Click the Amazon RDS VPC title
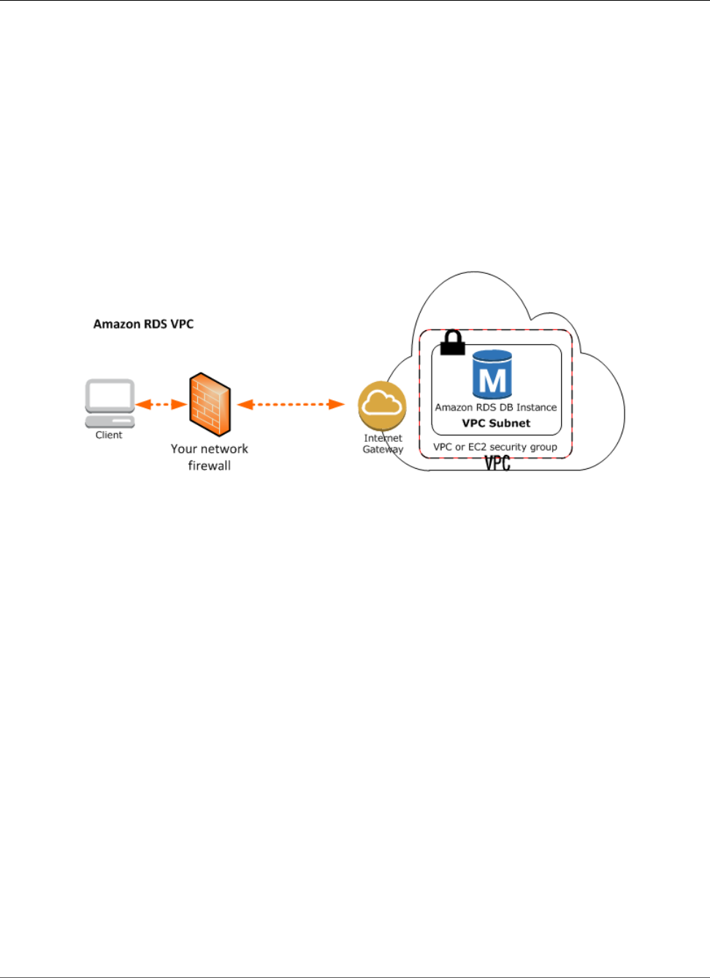(x=143, y=324)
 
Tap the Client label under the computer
(x=109, y=435)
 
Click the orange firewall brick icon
(x=210, y=405)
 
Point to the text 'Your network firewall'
(x=210, y=457)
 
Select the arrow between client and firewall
(x=161, y=404)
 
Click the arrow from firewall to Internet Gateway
(x=291, y=404)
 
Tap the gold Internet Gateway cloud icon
(x=382, y=405)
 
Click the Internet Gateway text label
(x=383, y=444)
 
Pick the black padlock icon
(x=453, y=342)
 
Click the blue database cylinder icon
(x=492, y=375)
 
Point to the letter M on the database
(x=492, y=381)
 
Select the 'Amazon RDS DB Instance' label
(x=496, y=408)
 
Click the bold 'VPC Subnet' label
(x=496, y=424)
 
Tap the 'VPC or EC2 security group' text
(x=495, y=447)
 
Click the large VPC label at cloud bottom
(x=497, y=462)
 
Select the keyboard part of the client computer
(x=110, y=422)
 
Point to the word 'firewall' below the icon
(x=210, y=466)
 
